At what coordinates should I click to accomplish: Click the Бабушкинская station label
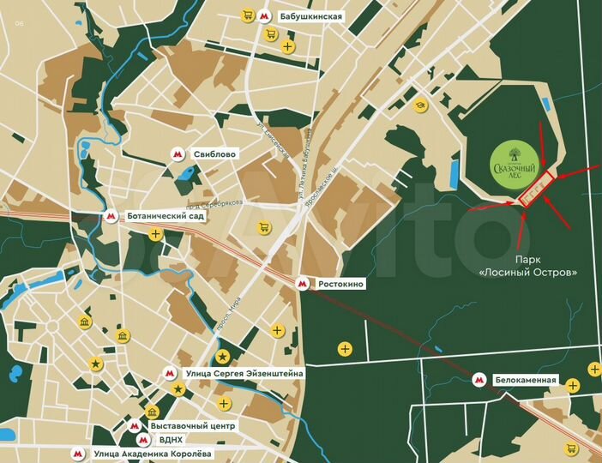[310, 16]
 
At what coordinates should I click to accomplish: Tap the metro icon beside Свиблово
[178, 154]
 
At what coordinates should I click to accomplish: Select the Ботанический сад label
[166, 217]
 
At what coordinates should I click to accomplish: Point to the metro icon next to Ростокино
[301, 283]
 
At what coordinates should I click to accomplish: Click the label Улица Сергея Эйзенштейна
[244, 373]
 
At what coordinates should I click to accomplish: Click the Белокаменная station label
[526, 380]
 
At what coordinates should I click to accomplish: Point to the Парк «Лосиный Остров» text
[527, 266]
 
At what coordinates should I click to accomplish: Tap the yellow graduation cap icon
[420, 105]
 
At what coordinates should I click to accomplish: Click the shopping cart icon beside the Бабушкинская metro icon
[248, 15]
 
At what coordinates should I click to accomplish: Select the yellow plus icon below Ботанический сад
[155, 233]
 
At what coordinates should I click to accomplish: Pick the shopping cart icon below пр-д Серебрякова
[265, 227]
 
